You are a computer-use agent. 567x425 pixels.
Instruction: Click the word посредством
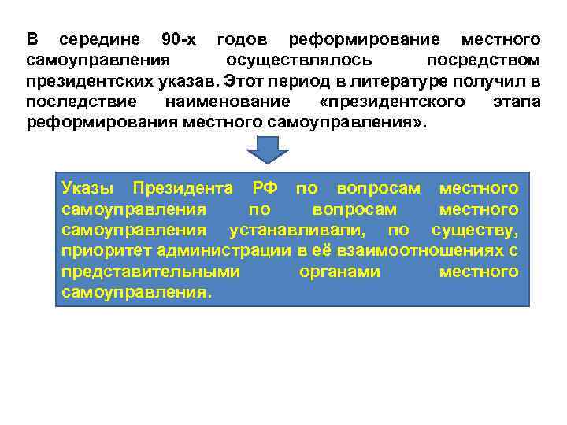click(483, 61)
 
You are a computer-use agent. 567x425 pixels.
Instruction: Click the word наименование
click(228, 103)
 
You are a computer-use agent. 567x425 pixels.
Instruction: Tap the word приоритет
click(106, 251)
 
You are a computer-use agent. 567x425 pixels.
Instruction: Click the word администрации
click(224, 251)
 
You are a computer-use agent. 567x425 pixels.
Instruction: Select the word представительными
click(150, 272)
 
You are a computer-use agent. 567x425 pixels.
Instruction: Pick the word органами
click(340, 272)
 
